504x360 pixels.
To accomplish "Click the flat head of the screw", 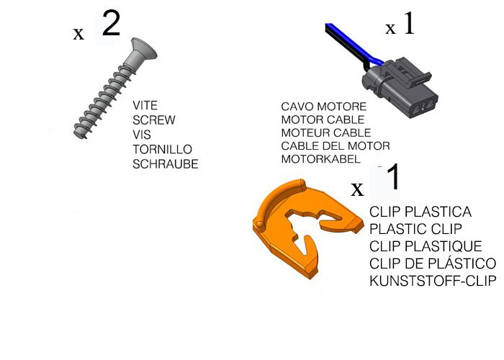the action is click(x=144, y=49).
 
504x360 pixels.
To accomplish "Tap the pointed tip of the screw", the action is click(x=76, y=135).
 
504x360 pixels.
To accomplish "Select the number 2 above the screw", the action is click(x=111, y=23).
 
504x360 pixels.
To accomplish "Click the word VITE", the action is click(x=145, y=105).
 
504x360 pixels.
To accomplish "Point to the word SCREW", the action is click(x=154, y=120).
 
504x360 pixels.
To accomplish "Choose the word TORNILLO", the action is click(x=162, y=150).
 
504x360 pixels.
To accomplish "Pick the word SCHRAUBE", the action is click(x=165, y=164).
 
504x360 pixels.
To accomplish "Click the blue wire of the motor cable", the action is click(x=354, y=44).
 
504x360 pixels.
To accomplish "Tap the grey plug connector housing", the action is click(x=400, y=87).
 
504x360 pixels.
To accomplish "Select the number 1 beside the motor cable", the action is click(x=409, y=23).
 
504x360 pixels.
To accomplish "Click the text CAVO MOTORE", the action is click(x=324, y=107).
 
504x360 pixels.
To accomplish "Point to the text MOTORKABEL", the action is click(x=320, y=159).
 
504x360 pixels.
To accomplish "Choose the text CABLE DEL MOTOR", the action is click(x=336, y=146).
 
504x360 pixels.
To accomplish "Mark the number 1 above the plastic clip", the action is click(x=393, y=176).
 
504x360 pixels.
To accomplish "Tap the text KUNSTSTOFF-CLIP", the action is click(x=433, y=281).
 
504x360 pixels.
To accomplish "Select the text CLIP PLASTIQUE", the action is click(x=426, y=246).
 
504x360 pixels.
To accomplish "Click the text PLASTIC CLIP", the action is click(x=415, y=229).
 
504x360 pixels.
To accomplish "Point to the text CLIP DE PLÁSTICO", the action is click(x=433, y=264).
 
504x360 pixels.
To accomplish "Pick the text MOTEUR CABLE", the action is click(x=326, y=132).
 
